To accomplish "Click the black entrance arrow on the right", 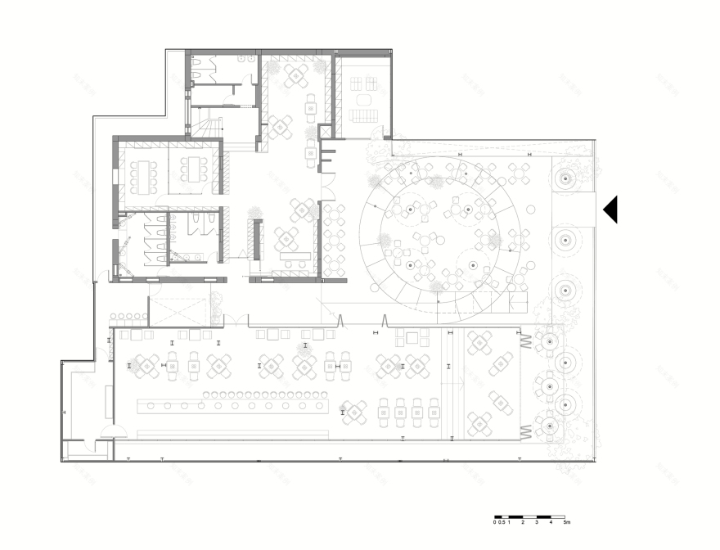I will click(610, 210).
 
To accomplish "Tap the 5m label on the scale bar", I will click(565, 521).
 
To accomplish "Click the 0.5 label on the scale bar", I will click(501, 521).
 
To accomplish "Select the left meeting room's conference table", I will click(147, 171).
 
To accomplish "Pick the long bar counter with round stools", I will click(233, 404).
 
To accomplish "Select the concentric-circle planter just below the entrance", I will click(563, 239).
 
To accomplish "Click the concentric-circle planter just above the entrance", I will click(563, 177).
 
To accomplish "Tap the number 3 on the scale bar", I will click(537, 521).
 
